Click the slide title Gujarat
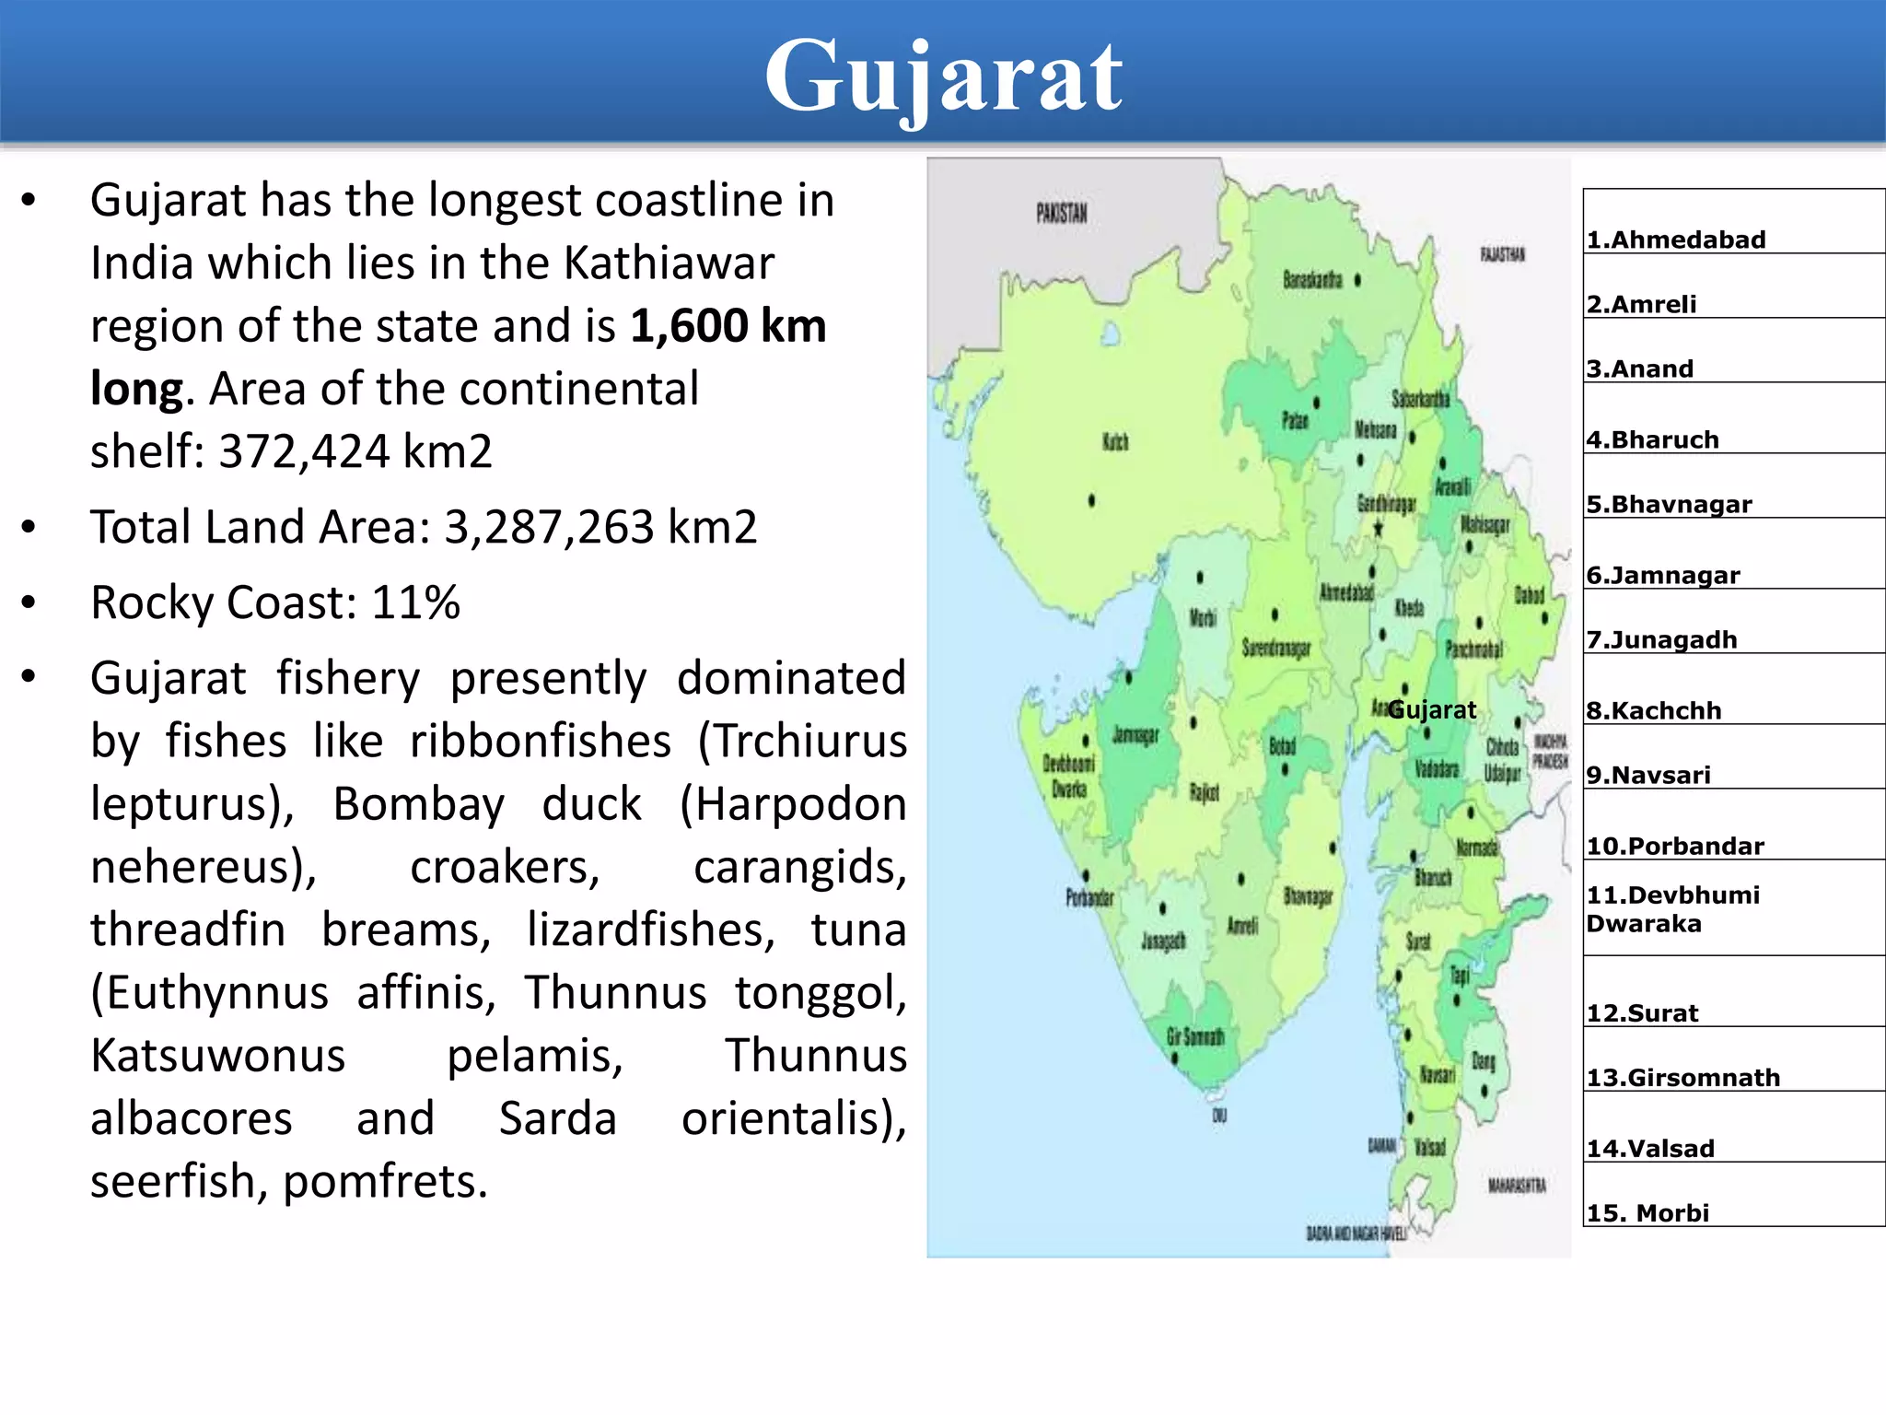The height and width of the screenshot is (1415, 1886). coord(943,77)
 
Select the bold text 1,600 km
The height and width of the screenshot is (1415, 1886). coord(728,326)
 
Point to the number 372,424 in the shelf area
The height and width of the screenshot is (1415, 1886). coord(304,451)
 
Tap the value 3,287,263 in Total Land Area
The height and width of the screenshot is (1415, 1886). coord(550,528)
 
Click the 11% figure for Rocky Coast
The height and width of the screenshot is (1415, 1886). coord(415,603)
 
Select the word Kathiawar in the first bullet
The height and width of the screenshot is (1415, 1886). coord(669,263)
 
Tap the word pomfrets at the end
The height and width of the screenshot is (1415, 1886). coord(384,1182)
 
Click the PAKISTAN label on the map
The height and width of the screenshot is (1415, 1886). coord(1061,214)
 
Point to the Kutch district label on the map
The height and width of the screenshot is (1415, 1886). coord(1115,442)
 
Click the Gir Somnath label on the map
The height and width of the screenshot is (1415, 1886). coord(1195,1037)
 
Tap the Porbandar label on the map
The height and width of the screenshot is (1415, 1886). coord(1089,897)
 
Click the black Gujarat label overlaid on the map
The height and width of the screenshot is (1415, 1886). coord(1431,710)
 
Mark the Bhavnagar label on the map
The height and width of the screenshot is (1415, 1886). coord(1308,895)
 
